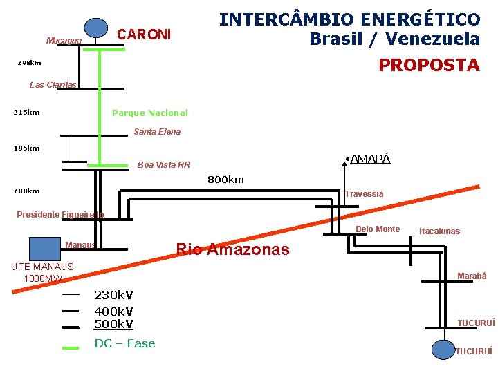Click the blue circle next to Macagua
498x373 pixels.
coord(96,26)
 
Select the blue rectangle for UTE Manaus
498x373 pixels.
coord(44,248)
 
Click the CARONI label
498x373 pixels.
coord(144,34)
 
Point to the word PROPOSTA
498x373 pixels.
coord(429,66)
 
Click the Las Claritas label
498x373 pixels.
coord(53,85)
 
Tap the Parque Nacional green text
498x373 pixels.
coord(149,113)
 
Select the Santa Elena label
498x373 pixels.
coord(157,131)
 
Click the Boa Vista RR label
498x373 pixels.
coord(164,164)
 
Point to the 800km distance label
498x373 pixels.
coord(226,180)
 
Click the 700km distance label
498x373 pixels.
coord(27,191)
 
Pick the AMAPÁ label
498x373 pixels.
coord(370,159)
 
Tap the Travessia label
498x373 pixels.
coord(364,194)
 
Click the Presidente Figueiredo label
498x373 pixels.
coord(60,215)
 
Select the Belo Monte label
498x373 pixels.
coord(378,229)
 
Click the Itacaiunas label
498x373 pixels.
coord(439,231)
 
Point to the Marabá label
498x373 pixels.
coord(472,276)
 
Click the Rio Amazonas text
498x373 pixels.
coord(233,249)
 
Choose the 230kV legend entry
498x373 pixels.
coord(113,294)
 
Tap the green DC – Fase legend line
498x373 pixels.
coord(71,347)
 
